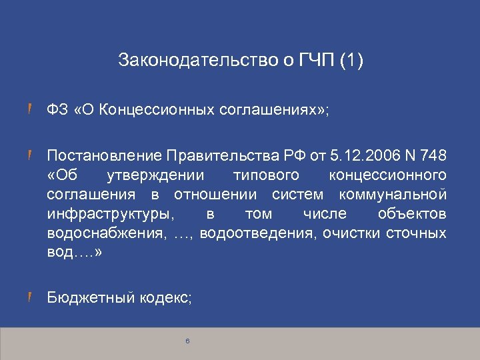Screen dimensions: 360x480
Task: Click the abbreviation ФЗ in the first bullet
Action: tap(55, 109)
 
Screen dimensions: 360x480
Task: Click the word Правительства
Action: tap(225, 157)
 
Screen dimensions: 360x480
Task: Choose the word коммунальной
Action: tap(393, 195)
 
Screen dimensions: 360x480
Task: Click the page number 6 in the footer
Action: tap(188, 341)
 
